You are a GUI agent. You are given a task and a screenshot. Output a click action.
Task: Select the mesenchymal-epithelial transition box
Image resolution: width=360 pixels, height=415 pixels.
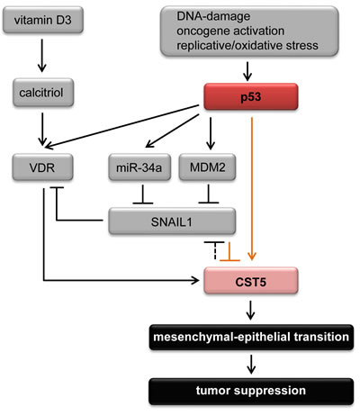[249, 338]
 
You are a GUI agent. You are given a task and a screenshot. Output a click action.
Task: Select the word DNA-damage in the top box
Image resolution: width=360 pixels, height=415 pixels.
[205, 15]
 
